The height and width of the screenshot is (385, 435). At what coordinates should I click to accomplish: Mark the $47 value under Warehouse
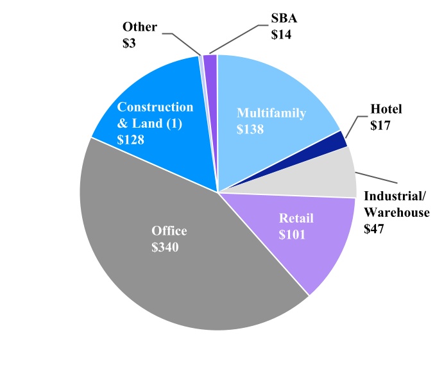pos(375,228)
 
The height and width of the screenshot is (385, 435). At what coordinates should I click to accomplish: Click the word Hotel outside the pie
pos(386,110)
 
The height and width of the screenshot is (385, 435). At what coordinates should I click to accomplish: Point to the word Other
pos(140,27)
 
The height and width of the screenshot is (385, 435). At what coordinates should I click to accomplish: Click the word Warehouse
pos(396,212)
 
